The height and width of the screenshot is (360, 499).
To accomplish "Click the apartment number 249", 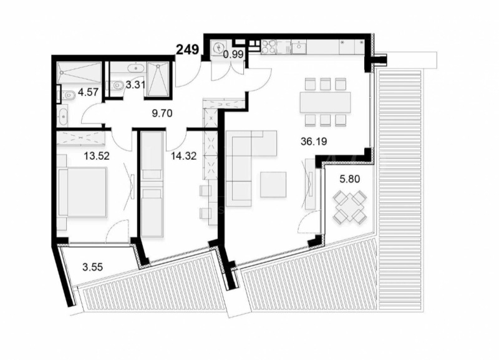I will [x=187, y=51].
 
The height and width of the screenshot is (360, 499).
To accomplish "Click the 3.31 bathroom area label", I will [x=136, y=85].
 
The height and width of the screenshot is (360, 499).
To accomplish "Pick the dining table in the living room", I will [x=324, y=102].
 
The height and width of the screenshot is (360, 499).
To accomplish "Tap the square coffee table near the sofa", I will [x=274, y=183].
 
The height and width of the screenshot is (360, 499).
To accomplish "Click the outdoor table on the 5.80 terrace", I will [x=349, y=207].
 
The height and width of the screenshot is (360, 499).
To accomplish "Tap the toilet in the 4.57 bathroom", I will [x=67, y=95].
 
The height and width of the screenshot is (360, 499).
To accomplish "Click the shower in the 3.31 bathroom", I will [x=158, y=80].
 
